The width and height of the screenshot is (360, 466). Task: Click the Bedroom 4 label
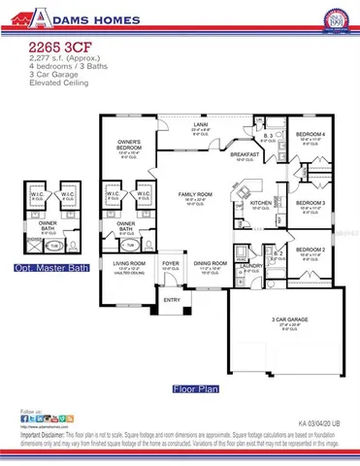[x=310, y=133]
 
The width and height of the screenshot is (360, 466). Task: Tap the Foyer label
[x=171, y=262]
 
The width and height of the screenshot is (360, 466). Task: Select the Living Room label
[x=130, y=262]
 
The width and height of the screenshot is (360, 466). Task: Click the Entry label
[x=171, y=299]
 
